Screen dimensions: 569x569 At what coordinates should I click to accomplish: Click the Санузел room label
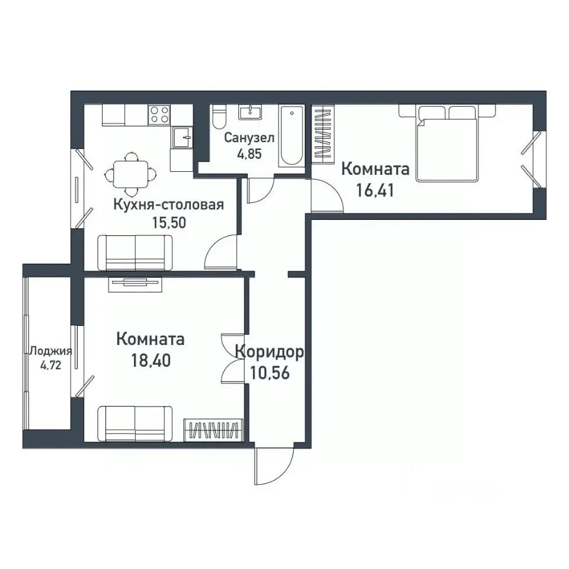249,138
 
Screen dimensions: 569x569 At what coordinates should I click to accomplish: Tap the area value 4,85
250,154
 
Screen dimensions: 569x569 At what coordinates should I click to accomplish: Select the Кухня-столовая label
169,205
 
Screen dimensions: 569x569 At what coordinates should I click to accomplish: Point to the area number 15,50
169,222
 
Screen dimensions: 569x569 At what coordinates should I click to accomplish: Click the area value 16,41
375,190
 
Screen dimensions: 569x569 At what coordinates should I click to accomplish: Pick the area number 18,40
151,360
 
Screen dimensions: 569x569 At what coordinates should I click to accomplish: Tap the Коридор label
269,352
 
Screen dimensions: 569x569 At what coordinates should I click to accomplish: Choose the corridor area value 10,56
270,372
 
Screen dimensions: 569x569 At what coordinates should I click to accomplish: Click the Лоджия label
51,351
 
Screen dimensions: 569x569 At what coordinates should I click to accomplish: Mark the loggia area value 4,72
50,365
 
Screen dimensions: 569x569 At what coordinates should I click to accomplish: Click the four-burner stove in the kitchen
159,114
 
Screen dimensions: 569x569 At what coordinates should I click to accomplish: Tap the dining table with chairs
130,174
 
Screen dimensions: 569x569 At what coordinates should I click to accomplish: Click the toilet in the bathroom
219,117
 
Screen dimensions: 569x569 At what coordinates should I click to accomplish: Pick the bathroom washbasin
250,113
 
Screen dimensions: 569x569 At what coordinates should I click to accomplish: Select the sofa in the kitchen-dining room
135,252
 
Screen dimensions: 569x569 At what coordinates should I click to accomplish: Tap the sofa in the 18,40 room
135,423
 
